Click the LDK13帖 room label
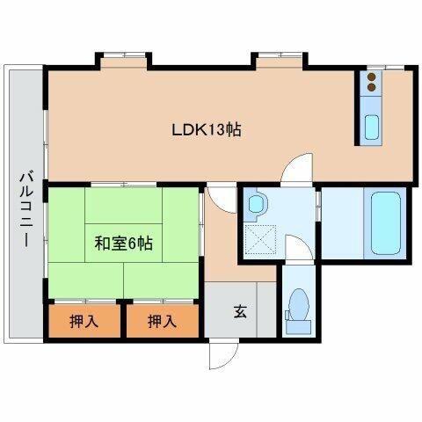[x=207, y=130]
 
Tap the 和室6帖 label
[x=123, y=243]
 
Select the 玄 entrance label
[x=240, y=311]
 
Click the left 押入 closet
[x=84, y=321]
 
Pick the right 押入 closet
[x=163, y=321]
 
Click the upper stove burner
[x=372, y=76]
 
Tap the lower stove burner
[x=372, y=87]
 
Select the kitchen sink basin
[x=372, y=127]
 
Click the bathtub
[x=385, y=223]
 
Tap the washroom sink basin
[x=257, y=203]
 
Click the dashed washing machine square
[x=260, y=240]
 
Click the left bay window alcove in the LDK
[x=124, y=62]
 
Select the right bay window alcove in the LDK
[x=280, y=62]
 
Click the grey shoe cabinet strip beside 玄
[x=266, y=309]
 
